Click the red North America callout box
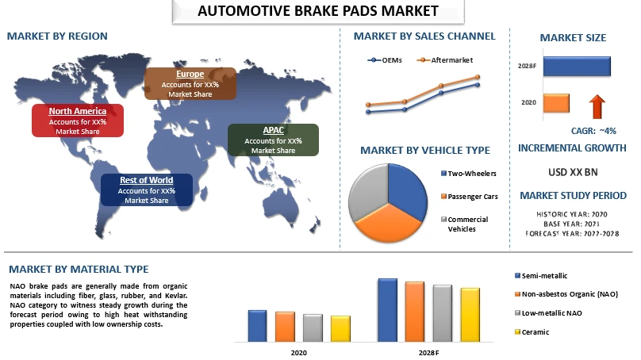pos(78,121)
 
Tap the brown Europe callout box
pos(190,84)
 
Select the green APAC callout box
pos(273,140)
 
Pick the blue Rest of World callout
pos(146,190)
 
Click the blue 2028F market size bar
pos(577,66)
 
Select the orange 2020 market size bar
pos(556,103)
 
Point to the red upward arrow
pos(597,106)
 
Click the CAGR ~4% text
pos(593,131)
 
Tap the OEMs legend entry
pos(385,60)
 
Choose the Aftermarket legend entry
pos(445,60)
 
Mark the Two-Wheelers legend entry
pos(469,173)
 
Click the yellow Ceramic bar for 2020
pos(340,328)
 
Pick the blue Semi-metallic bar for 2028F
pos(388,310)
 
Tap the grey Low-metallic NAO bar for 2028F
pos(443,313)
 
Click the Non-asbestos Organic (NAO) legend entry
pos(566,294)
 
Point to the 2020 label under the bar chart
pos(299,353)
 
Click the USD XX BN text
pos(573,172)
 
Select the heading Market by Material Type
pos(79,270)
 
